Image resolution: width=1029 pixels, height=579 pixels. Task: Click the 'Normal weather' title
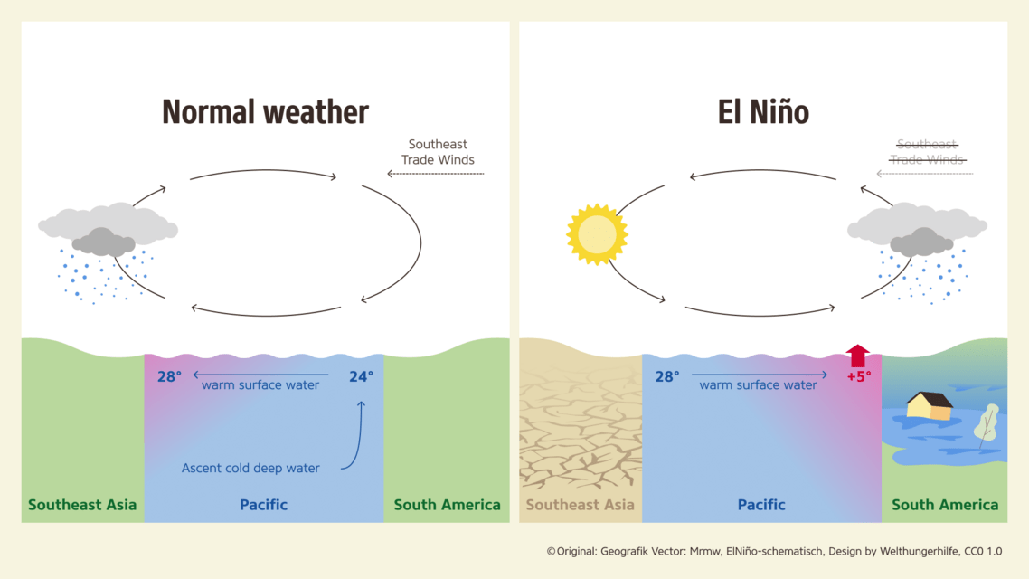[x=265, y=112]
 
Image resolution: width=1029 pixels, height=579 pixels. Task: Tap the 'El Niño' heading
[x=763, y=112]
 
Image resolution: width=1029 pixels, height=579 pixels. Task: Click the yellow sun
[x=597, y=234]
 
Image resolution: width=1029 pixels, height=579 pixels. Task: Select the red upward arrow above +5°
[x=857, y=356]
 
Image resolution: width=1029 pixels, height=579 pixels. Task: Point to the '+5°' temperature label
[x=858, y=376]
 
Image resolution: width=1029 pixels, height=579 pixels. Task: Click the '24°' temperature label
[x=361, y=376]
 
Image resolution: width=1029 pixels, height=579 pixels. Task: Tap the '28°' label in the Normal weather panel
[x=169, y=376]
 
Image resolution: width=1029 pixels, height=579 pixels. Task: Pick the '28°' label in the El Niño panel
[x=666, y=376]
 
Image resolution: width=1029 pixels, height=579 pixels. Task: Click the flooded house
[x=929, y=406]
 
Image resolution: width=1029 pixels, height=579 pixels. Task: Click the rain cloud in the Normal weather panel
[x=108, y=232]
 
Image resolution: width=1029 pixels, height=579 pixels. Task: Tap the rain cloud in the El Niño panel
[x=918, y=232]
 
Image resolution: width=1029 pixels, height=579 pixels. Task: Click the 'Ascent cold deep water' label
[x=250, y=468]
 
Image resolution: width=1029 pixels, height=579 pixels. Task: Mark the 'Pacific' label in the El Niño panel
[x=761, y=505]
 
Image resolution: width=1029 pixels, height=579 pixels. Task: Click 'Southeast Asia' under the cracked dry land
[x=580, y=505]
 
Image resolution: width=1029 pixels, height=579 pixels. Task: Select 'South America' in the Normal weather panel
[x=447, y=505]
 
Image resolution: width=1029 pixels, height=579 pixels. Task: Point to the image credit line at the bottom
[x=774, y=551]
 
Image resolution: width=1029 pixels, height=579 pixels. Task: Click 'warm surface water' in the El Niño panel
[x=758, y=385]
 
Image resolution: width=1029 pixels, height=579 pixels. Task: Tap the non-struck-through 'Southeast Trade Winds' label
[x=438, y=152]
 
